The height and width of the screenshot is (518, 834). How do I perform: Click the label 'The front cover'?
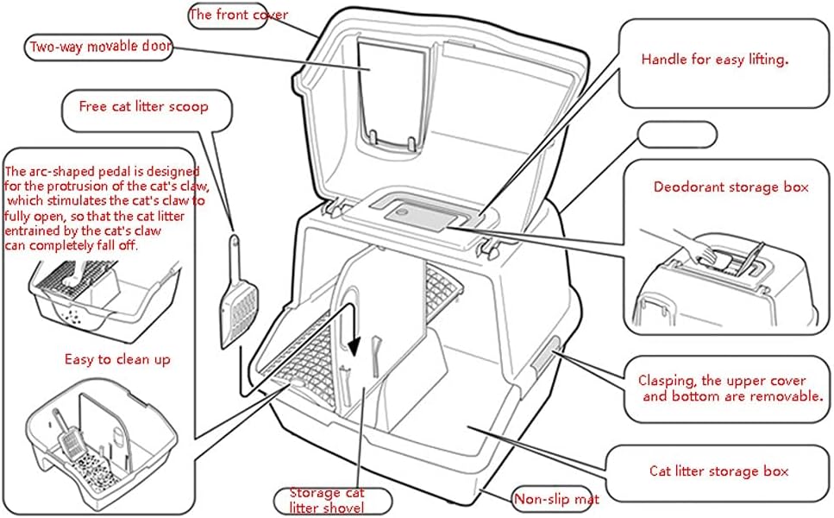tap(238, 15)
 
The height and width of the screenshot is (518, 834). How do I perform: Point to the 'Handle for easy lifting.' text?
tap(715, 60)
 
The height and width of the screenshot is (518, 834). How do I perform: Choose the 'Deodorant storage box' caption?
tap(731, 186)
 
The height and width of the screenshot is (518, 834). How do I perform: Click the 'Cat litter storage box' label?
tap(718, 471)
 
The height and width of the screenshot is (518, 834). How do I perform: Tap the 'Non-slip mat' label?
tap(556, 498)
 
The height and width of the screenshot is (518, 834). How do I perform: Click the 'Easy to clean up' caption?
tap(117, 359)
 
